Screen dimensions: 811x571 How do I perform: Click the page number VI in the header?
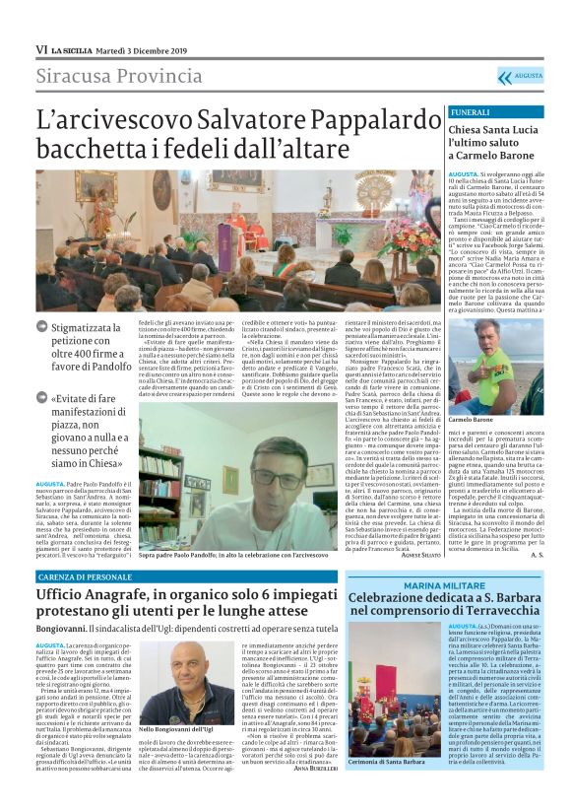(x=41, y=49)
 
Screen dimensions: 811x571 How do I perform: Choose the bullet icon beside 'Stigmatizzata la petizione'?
(x=42, y=322)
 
